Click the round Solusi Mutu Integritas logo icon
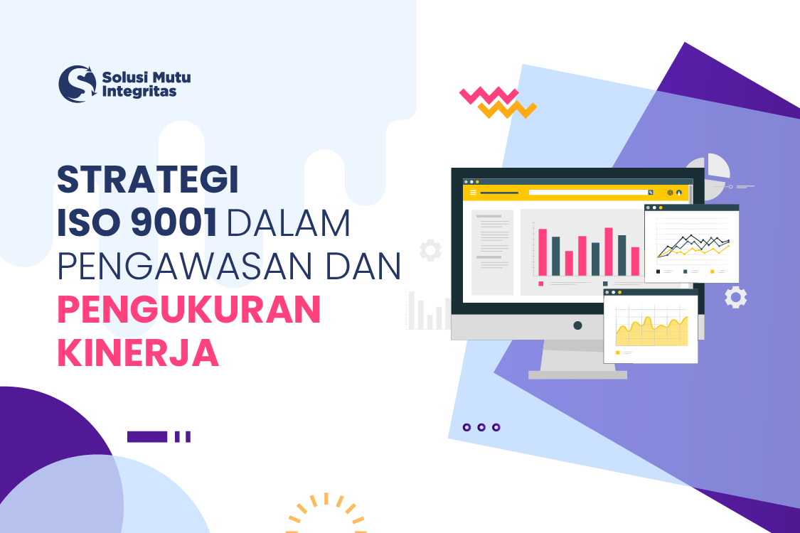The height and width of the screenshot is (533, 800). pos(77,84)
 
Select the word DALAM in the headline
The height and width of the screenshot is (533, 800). pos(288,224)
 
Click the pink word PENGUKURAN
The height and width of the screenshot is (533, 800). pos(188,310)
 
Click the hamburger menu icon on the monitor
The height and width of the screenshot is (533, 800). pos(474,193)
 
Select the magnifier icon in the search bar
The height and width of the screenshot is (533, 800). pos(650,193)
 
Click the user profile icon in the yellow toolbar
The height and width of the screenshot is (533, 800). pos(679,193)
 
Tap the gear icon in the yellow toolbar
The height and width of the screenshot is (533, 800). pos(669,193)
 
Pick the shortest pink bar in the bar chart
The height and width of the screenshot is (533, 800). pos(569,263)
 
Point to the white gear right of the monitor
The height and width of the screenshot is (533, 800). pos(735,297)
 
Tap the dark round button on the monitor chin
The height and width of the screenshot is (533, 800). pos(577,325)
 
